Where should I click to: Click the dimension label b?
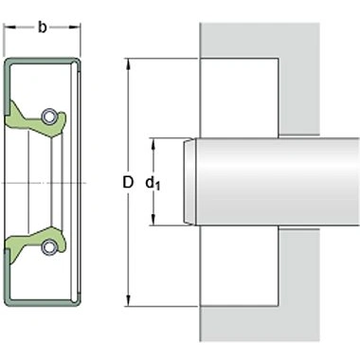[x=43, y=27]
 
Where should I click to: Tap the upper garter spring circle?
[x=48, y=117]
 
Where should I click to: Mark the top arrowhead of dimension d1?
[x=154, y=141]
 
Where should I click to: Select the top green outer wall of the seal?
[x=43, y=62]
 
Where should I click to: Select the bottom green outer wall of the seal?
[x=43, y=302]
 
